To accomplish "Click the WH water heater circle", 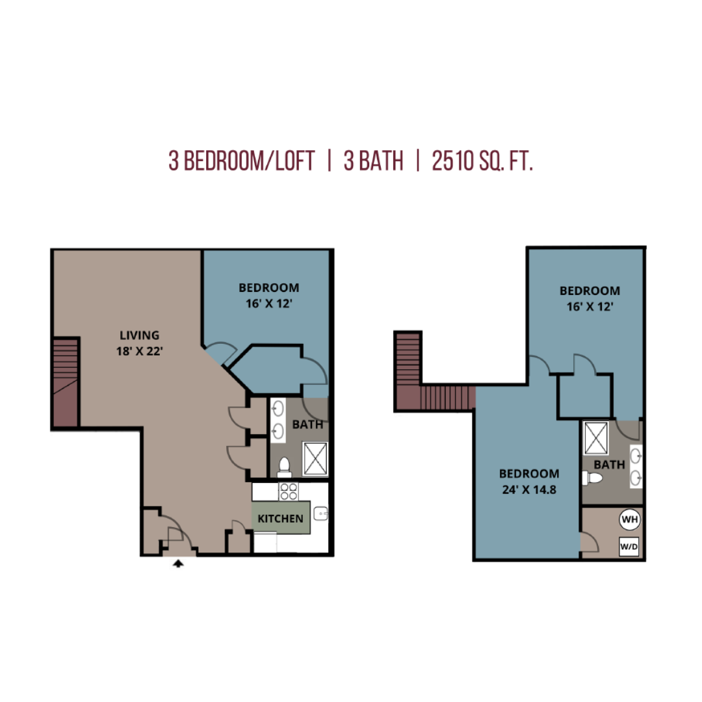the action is pos(629,519).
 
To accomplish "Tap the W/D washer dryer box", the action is pos(629,547).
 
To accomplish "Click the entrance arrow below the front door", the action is pos(178,563).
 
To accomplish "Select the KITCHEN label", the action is pos(280,519).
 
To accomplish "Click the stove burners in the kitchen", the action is pos(289,491).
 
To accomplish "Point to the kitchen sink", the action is pos(321,513).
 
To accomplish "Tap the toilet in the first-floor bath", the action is pos(284,467).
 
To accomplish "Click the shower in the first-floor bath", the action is pos(315,458).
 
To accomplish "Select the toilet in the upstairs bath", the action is pos(592,478).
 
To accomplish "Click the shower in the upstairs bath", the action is pos(596,438).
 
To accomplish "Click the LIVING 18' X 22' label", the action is pos(139,343).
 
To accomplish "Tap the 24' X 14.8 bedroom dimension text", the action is pos(529,489).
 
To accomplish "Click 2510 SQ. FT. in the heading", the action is pos(482,161).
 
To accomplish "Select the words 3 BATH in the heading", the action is pos(373,161).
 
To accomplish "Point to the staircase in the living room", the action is pos(66,382).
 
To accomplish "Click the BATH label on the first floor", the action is pos(307,424).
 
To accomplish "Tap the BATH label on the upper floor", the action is pos(609,465).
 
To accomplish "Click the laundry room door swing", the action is pos(590,542).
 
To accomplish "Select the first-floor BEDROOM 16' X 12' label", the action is pos(268,296).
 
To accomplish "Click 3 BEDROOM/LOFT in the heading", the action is pos(242,161).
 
